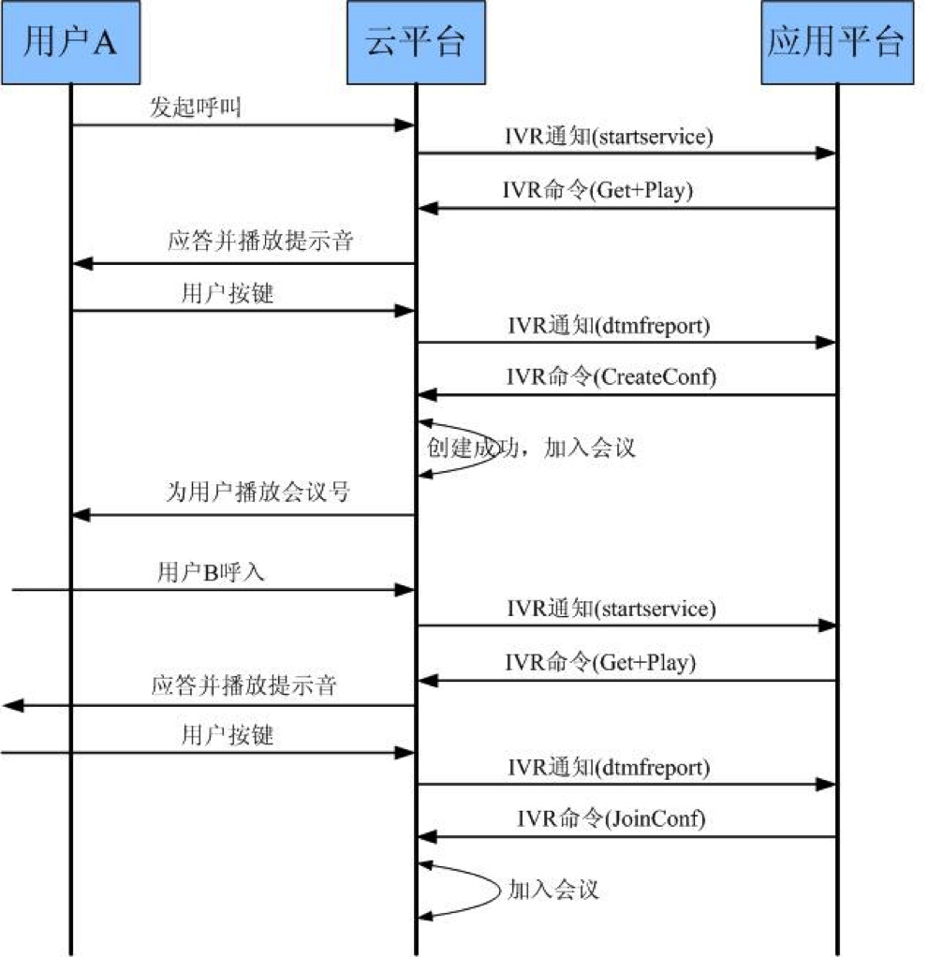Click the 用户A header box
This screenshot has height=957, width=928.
pyautogui.click(x=71, y=42)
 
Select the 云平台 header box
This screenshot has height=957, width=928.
pyautogui.click(x=416, y=42)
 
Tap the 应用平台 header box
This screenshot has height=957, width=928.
pyautogui.click(x=837, y=42)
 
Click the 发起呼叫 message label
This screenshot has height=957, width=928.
pyautogui.click(x=196, y=108)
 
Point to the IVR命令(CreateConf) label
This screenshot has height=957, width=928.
pyautogui.click(x=611, y=376)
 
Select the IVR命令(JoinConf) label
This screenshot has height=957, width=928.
pyautogui.click(x=611, y=817)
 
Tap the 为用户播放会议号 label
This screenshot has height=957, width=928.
pyautogui.click(x=258, y=492)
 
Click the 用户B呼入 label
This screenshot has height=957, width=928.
pyautogui.click(x=211, y=572)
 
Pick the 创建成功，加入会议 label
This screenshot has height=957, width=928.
pyautogui.click(x=531, y=448)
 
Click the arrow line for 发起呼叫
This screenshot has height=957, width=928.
pyautogui.click(x=243, y=125)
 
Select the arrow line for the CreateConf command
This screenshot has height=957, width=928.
pyautogui.click(x=627, y=395)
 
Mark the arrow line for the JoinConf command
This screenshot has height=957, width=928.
pyautogui.click(x=627, y=837)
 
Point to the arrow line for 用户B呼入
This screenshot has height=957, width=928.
pyautogui.click(x=214, y=590)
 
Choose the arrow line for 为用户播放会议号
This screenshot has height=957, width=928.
pyautogui.click(x=243, y=515)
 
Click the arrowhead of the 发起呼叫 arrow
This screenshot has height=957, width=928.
pyautogui.click(x=405, y=125)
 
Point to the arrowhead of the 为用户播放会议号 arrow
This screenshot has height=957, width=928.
pyautogui.click(x=81, y=515)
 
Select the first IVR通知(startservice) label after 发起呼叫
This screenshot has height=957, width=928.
pyautogui.click(x=609, y=136)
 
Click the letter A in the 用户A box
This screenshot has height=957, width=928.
pyautogui.click(x=103, y=43)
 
